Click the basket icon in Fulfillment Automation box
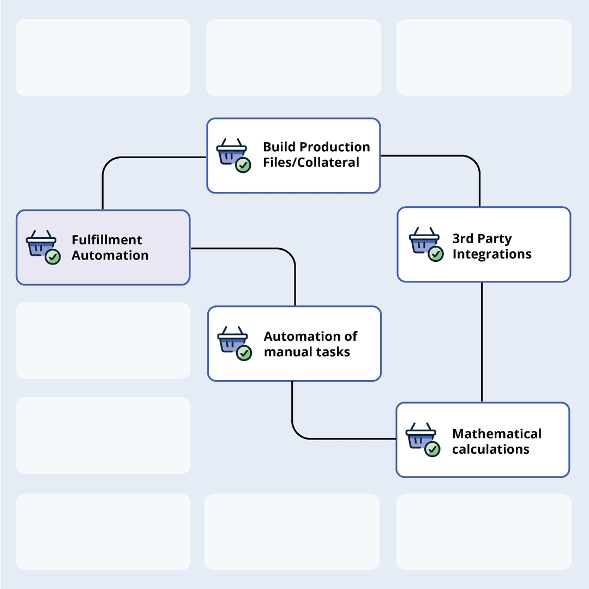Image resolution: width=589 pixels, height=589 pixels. point(41,243)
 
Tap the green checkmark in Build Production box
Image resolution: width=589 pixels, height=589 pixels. point(243,165)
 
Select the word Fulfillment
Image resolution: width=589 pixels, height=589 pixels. point(107,240)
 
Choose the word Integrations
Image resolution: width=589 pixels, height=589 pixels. point(492,254)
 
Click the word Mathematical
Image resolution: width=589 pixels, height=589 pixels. point(497,434)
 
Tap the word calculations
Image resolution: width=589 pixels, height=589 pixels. point(491,449)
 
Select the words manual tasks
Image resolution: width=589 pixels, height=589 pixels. point(307,352)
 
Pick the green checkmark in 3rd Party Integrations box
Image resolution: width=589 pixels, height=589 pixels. point(436,254)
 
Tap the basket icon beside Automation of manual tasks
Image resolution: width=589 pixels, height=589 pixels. point(232,339)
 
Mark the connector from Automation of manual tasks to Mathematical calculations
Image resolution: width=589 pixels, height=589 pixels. point(327,438)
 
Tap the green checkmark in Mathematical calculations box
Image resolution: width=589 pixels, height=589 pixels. point(432,449)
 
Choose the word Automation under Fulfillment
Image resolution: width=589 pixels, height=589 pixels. point(110,255)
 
